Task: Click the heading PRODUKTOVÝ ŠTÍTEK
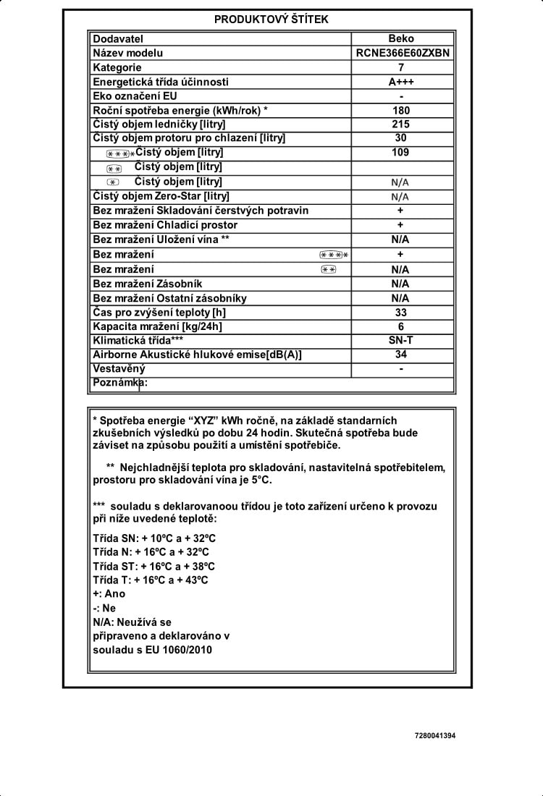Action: click(x=271, y=20)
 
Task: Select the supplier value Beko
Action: click(x=401, y=38)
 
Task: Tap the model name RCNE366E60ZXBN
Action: click(x=402, y=53)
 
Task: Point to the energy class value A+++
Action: click(x=401, y=82)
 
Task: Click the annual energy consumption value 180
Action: click(x=401, y=110)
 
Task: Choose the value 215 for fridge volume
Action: click(x=401, y=124)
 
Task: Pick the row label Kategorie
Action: click(x=117, y=67)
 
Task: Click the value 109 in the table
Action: click(x=401, y=152)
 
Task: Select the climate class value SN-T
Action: click(x=401, y=339)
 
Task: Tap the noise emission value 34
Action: click(x=401, y=354)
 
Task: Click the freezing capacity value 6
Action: click(x=401, y=326)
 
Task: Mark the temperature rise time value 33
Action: click(x=401, y=313)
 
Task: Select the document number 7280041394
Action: click(x=436, y=736)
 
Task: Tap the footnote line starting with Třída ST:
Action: click(x=153, y=566)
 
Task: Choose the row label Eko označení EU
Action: click(x=135, y=96)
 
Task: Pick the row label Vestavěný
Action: click(x=119, y=369)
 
